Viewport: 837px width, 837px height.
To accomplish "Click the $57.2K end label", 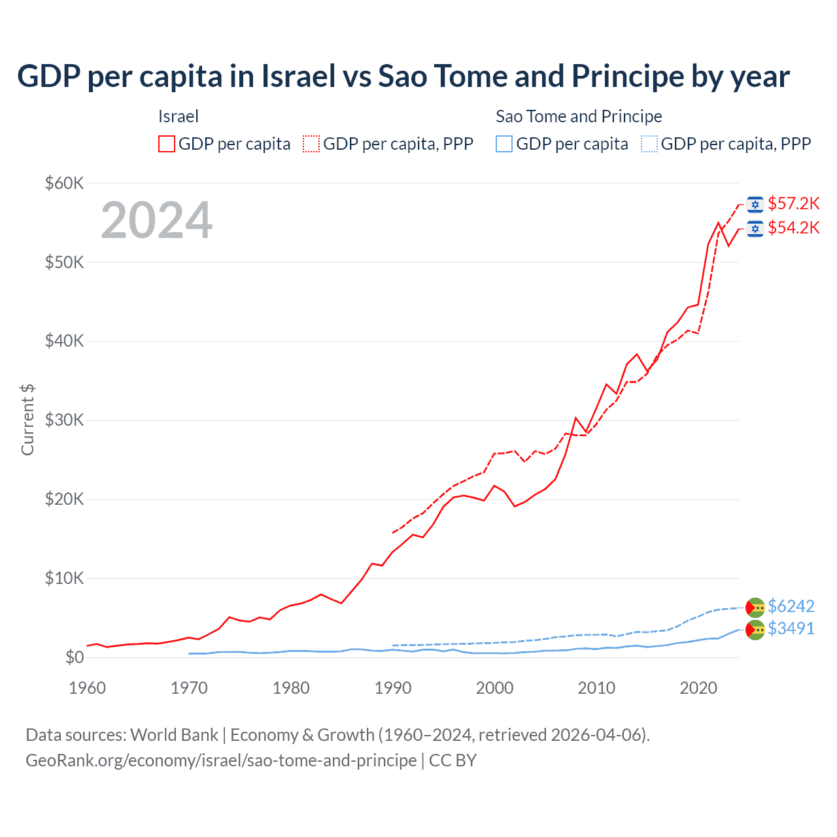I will tap(793, 204).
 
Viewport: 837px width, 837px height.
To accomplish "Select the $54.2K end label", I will tap(793, 228).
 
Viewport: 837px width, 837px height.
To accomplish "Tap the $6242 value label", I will tap(791, 607).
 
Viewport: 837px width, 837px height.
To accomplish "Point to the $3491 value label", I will tap(791, 629).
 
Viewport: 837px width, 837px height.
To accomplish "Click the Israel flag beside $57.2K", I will tap(755, 205).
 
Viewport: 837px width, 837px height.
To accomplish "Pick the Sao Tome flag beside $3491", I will tap(755, 630).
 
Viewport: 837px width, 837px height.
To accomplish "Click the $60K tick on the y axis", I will tap(64, 183).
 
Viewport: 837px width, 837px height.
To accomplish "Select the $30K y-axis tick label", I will tap(64, 420).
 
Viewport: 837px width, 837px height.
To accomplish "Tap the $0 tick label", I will tap(75, 658).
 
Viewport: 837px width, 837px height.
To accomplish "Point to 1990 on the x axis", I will tap(393, 688).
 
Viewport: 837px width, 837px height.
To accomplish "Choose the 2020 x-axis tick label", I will tap(698, 688).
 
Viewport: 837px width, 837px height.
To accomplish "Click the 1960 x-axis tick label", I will tap(88, 688).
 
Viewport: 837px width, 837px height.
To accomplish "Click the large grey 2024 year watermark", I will tap(156, 220).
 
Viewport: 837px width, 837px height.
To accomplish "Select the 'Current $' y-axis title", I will tap(27, 420).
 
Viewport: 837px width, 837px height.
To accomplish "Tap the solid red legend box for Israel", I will tap(167, 144).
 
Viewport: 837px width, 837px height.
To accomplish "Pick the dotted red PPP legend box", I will tap(311, 144).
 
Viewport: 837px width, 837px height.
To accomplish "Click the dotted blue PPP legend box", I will tap(649, 144).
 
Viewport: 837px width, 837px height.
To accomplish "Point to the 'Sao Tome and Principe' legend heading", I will tap(579, 117).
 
